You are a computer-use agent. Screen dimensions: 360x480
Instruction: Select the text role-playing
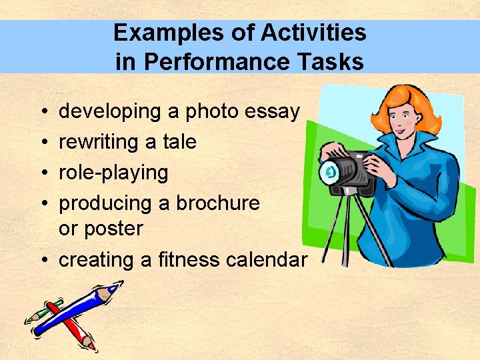point(113,173)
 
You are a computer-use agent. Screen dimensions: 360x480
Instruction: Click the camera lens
point(330,173)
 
